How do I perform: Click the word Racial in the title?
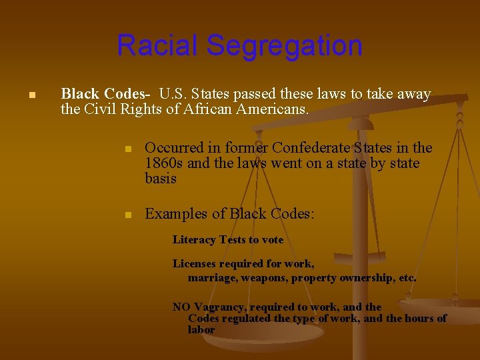(x=158, y=46)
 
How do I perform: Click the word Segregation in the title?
(x=284, y=46)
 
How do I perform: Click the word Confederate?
(x=311, y=148)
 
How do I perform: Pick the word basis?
(x=161, y=179)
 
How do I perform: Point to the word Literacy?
(x=193, y=240)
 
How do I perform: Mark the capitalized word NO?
(x=181, y=307)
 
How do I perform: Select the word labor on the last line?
(x=201, y=329)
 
